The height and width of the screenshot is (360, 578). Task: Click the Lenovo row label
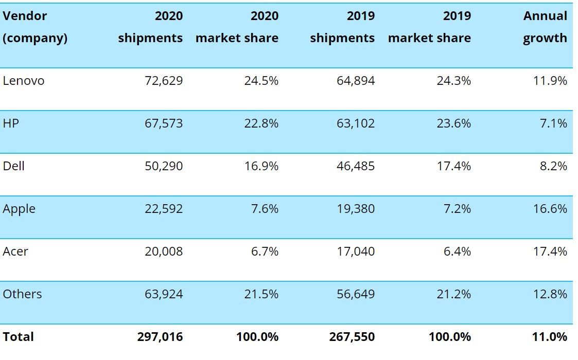pyautogui.click(x=24, y=81)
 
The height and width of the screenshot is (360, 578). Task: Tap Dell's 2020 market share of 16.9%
pyautogui.click(x=261, y=166)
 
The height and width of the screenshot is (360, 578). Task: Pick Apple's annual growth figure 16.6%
pyautogui.click(x=550, y=209)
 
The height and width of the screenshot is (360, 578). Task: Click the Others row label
pyautogui.click(x=23, y=294)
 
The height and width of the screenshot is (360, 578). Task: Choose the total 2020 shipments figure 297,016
pyautogui.click(x=160, y=337)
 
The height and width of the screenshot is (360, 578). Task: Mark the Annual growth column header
pyautogui.click(x=545, y=27)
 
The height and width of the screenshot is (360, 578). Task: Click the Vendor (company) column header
pyautogui.click(x=35, y=27)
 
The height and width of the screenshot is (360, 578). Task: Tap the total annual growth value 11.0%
pyautogui.click(x=550, y=337)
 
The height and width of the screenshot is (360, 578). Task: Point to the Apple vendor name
pyautogui.click(x=19, y=209)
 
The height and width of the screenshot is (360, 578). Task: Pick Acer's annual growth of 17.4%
pyautogui.click(x=550, y=251)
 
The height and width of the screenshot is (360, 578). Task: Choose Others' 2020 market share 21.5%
pyautogui.click(x=261, y=294)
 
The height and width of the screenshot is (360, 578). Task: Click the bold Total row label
pyautogui.click(x=19, y=337)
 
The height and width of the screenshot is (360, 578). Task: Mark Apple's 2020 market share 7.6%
pyautogui.click(x=264, y=209)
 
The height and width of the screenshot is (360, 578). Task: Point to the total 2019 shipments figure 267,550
pyautogui.click(x=352, y=337)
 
